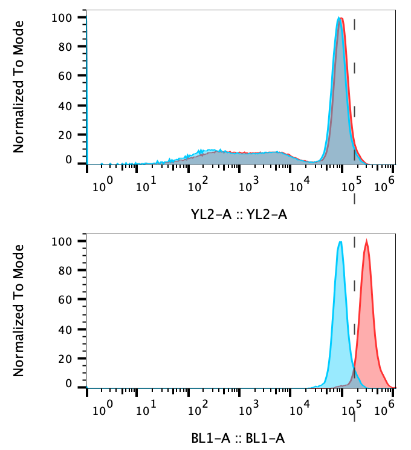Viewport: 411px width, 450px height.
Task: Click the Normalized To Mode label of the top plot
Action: click(x=19, y=86)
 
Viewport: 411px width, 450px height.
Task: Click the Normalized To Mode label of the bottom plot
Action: click(x=19, y=310)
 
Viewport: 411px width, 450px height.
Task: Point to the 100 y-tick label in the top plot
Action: click(x=63, y=18)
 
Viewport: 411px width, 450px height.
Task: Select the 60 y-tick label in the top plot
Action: click(x=65, y=76)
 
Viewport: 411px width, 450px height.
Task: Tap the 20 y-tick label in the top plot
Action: click(x=65, y=135)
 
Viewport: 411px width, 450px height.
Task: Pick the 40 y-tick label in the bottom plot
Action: click(x=65, y=330)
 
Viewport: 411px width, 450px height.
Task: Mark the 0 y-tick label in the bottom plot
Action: click(x=68, y=383)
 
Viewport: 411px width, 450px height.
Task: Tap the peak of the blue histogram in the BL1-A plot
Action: click(x=340, y=243)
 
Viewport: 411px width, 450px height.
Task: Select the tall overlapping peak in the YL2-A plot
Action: click(x=340, y=19)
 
